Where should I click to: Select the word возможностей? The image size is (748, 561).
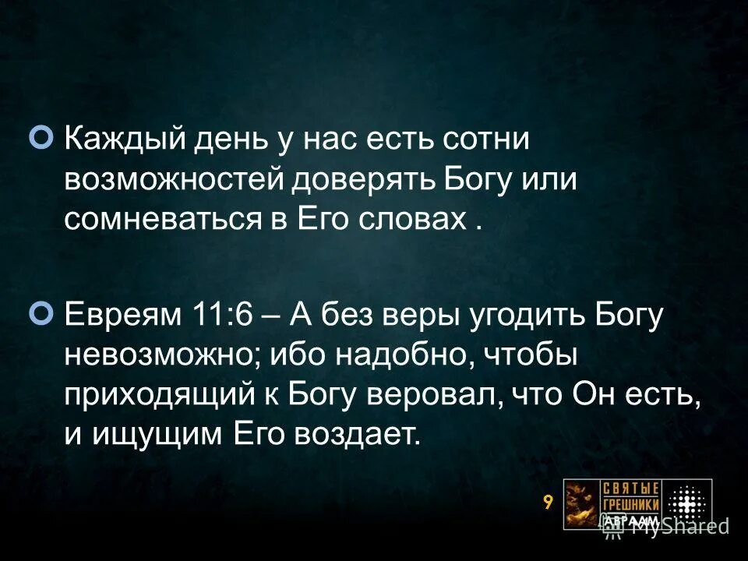(x=176, y=180)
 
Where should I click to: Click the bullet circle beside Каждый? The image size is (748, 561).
(x=41, y=139)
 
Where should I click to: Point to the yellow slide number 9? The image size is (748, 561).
(x=549, y=503)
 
